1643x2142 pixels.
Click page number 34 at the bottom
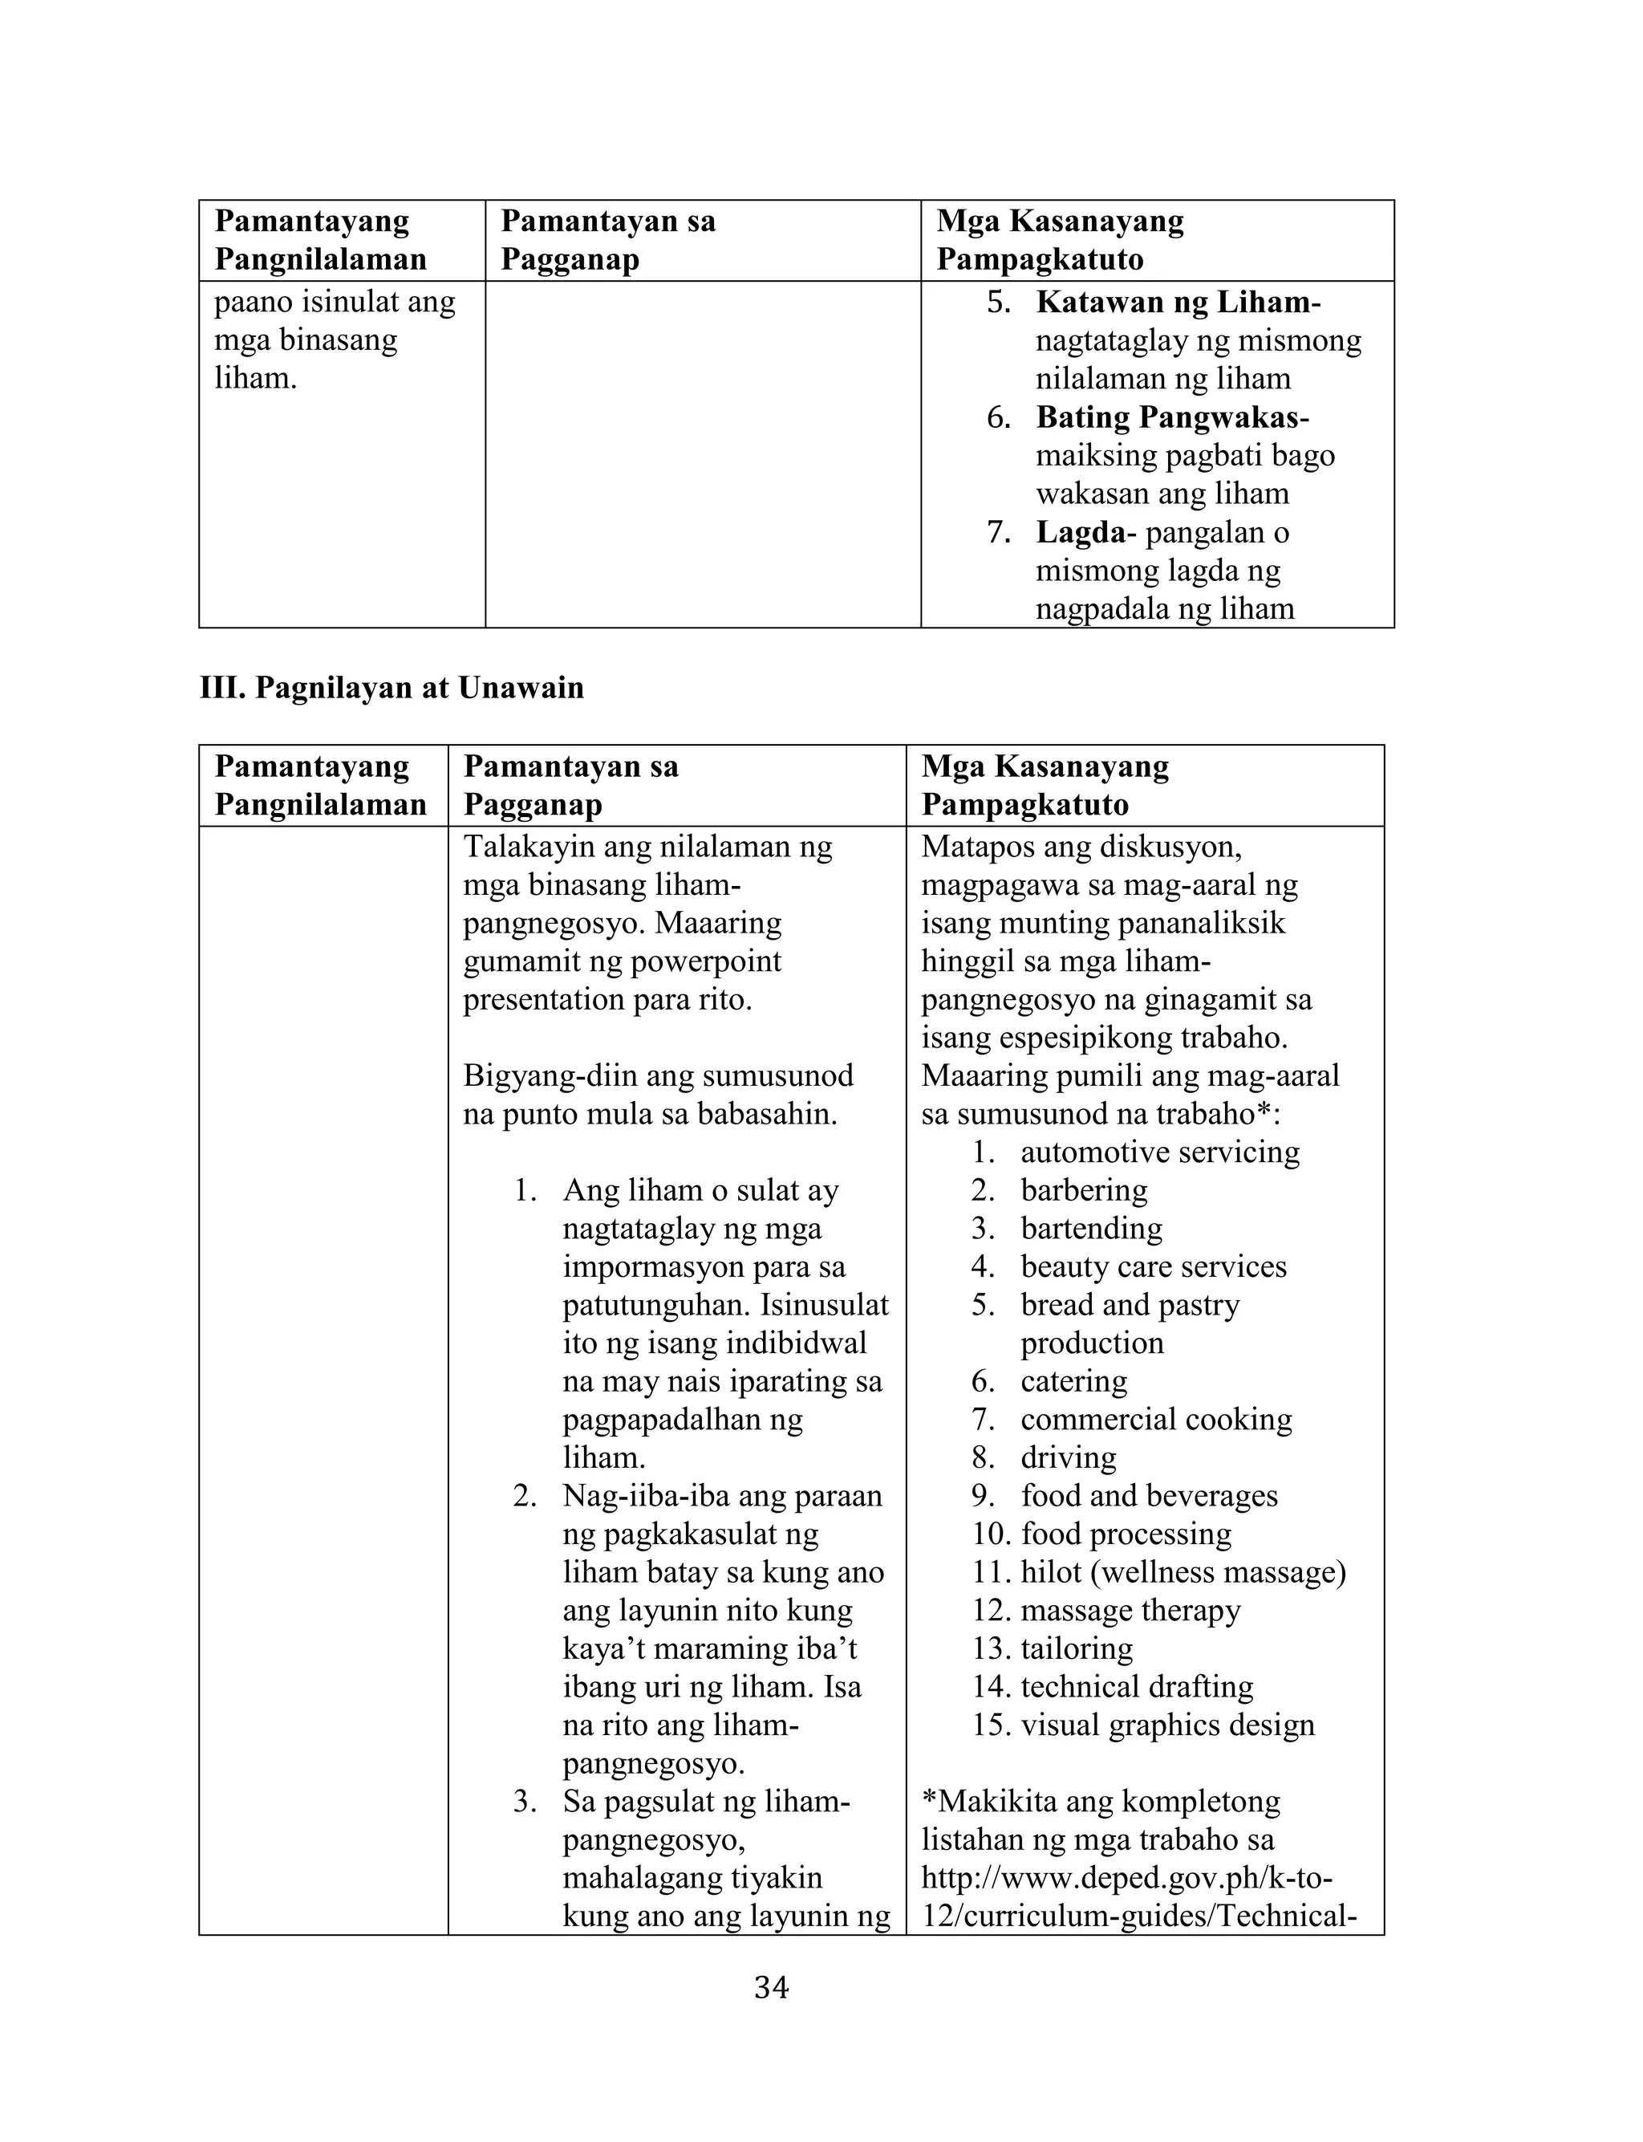click(771, 1987)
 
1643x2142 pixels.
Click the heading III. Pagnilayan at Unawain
click(391, 688)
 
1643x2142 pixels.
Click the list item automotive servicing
click(1160, 1152)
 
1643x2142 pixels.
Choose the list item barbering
click(1084, 1190)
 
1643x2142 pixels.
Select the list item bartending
click(1091, 1229)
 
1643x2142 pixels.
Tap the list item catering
click(1074, 1381)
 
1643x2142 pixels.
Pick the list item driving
click(1068, 1457)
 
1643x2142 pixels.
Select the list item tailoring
click(1077, 1649)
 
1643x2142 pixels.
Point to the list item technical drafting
click(1137, 1687)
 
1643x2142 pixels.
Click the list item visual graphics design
click(1168, 1725)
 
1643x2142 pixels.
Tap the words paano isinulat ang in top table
click(335, 303)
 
